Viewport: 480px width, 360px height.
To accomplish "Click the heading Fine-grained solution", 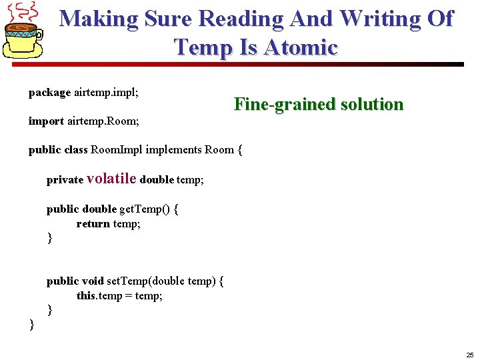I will point(319,104).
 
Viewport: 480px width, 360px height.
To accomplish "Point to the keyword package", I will point(49,93).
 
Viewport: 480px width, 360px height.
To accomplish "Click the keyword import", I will point(46,121).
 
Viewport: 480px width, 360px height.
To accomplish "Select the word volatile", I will point(112,178).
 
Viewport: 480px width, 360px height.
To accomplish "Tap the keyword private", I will point(65,179).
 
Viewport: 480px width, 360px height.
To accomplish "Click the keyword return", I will point(93,224).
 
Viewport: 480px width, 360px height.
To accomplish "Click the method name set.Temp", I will point(131,281).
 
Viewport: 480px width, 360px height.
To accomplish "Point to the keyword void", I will point(92,281).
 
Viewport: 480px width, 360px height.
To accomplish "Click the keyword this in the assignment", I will point(86,295).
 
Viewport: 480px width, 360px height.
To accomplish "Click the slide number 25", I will point(469,355).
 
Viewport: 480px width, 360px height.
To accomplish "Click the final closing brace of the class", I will point(31,325).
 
